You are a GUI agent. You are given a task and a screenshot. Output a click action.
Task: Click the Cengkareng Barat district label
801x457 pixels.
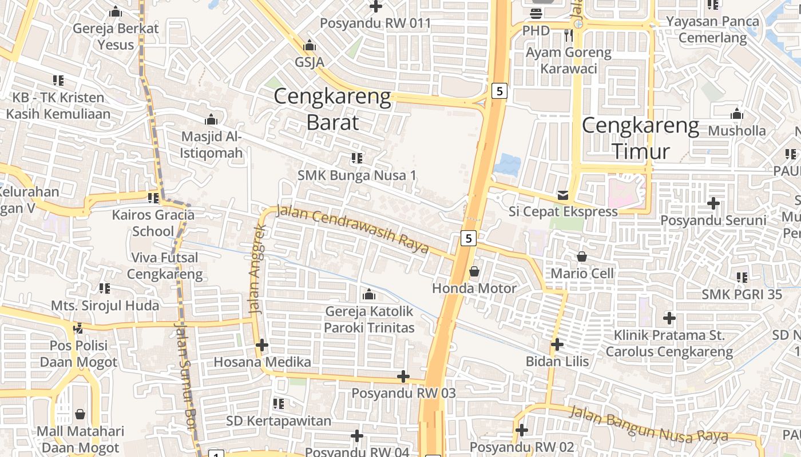pos(332,109)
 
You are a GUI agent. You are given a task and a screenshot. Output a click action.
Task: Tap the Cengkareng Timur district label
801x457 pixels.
pos(641,138)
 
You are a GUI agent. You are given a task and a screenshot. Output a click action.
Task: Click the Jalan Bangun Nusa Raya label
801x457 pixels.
pos(649,424)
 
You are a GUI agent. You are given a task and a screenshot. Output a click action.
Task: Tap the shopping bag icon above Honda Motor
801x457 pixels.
pos(474,271)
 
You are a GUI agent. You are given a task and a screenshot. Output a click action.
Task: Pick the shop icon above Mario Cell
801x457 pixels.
pos(582,257)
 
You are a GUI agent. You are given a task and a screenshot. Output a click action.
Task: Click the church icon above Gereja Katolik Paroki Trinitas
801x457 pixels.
pos(369,295)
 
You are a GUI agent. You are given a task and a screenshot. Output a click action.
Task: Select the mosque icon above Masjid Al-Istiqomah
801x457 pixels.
pos(211,120)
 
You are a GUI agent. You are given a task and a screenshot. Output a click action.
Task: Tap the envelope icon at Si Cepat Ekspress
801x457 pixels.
pos(563,195)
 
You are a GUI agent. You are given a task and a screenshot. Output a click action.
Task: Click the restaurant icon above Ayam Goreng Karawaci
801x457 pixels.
pos(568,35)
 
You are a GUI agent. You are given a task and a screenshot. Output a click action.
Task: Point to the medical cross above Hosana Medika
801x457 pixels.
pos(262,345)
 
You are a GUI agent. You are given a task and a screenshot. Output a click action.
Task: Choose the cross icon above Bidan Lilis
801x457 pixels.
pos(557,344)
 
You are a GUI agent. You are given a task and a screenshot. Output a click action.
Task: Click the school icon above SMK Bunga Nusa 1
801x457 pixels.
pos(357,158)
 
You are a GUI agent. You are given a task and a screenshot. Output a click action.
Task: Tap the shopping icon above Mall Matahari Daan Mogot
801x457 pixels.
pos(80,414)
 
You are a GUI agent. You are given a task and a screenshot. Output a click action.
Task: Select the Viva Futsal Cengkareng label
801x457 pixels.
pos(165,266)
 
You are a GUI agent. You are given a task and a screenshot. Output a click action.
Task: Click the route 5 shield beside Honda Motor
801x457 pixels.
pos(469,238)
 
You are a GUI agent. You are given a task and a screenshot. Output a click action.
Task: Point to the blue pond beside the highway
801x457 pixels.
pos(507,165)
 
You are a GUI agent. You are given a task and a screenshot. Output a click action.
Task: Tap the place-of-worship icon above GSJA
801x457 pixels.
pos(310,45)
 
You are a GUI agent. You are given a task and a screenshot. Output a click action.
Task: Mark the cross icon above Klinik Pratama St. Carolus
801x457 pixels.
pos(669,318)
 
